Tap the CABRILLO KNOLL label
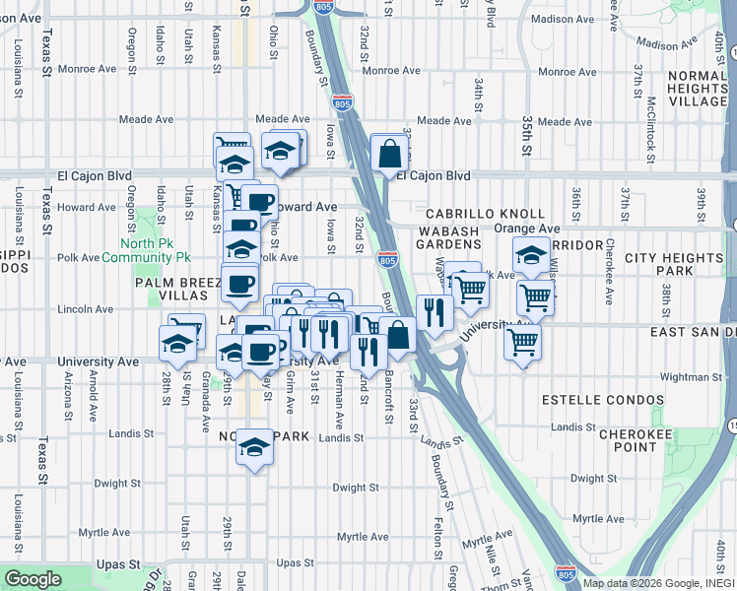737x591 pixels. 485,214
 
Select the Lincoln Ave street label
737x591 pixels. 86,309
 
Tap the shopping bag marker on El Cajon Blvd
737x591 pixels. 390,154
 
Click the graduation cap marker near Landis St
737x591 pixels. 254,449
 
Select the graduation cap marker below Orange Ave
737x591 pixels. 531,258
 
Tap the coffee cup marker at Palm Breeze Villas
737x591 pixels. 239,286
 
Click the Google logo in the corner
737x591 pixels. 33,579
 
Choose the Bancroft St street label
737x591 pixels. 390,391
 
